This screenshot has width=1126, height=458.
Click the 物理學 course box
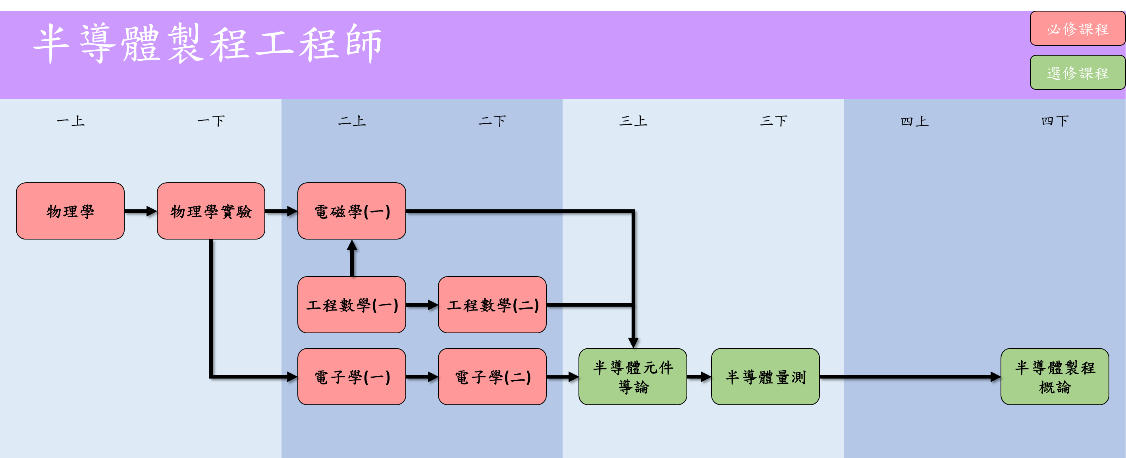tap(70, 211)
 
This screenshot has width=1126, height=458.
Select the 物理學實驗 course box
tap(211, 211)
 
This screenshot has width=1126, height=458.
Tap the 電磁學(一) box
tap(351, 211)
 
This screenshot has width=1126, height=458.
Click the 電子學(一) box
tap(351, 376)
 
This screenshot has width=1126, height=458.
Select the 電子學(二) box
tap(492, 376)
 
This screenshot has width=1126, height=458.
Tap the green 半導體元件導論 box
tap(632, 376)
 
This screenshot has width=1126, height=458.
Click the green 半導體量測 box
tap(765, 376)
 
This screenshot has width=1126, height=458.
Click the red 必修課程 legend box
tap(1077, 29)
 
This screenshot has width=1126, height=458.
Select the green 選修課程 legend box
tap(1077, 73)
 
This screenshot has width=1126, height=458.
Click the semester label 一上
tap(70, 121)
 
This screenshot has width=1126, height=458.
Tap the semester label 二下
tap(492, 121)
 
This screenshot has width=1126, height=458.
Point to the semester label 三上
tap(633, 121)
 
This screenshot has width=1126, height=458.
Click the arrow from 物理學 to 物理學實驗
tap(140, 211)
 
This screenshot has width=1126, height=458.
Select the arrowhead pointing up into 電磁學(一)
tap(352, 246)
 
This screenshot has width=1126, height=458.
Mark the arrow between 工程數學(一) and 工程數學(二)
tap(422, 305)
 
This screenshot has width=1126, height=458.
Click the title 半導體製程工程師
tap(208, 44)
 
